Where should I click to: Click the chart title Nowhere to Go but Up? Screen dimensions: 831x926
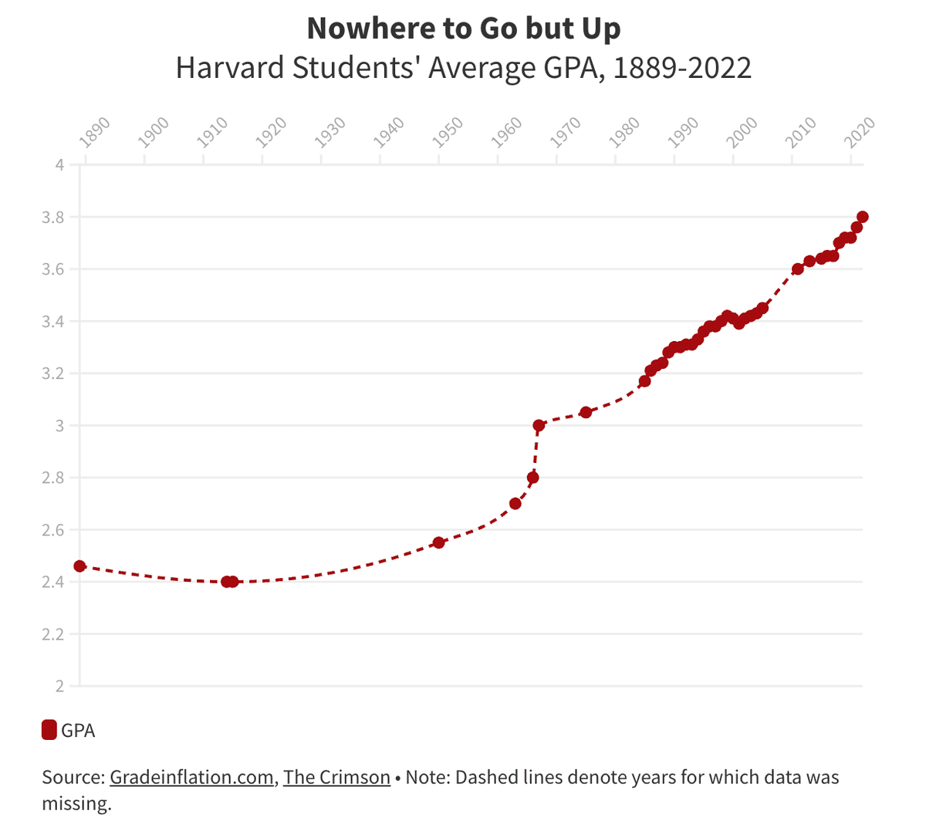463,29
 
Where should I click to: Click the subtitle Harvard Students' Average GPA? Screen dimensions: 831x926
463,68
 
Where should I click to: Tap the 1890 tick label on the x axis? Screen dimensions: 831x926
95,132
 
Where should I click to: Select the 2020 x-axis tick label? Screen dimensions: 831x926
859,132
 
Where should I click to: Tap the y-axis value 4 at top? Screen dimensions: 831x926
59,164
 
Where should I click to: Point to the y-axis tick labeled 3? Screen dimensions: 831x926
59,425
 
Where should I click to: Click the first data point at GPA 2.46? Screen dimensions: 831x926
79,566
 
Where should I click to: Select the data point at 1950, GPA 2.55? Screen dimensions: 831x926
438,542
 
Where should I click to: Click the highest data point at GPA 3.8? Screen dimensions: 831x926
863,217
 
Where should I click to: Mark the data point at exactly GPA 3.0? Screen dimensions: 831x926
539,425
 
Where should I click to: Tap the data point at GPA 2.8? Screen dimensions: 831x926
532,478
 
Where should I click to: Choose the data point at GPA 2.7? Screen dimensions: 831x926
515,504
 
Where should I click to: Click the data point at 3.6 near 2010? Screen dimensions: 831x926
798,269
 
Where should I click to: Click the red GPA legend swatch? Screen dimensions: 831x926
49,730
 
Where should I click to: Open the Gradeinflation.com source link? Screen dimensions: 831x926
191,777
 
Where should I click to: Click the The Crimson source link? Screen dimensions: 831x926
336,777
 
